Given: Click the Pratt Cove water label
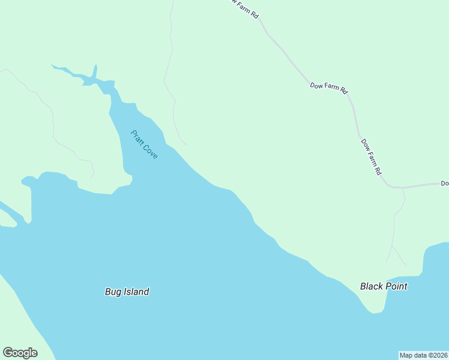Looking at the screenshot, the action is pos(144,145).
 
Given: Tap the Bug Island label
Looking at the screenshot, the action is pos(127,292).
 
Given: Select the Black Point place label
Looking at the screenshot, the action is pos(384,286).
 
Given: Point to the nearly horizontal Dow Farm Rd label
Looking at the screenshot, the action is pos(329,88).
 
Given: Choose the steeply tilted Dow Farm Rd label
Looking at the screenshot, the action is pos(371,157).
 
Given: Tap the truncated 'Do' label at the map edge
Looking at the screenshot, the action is pos(444,183).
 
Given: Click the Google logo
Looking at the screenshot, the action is pos(20,353).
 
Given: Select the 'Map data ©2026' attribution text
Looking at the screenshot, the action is pos(423,355).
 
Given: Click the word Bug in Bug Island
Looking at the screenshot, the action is pos(113,292).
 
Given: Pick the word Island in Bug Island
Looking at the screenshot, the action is pos(136,292).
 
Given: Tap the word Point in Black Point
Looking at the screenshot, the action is pos(397,286).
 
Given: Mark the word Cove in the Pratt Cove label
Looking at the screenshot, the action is pos(151,152).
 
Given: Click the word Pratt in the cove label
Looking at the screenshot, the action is pos(137,137).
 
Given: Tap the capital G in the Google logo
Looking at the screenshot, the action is pos(8,353).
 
